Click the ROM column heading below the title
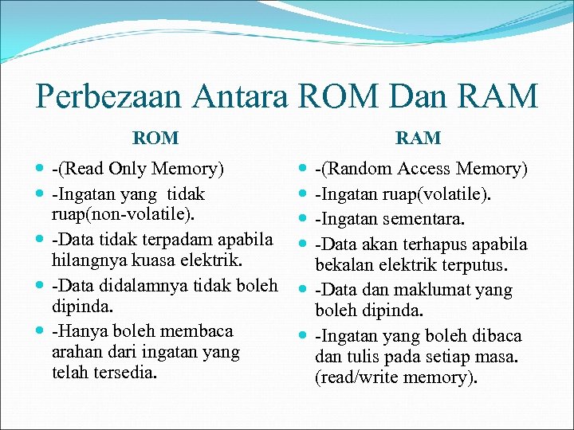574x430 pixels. pyautogui.click(x=155, y=138)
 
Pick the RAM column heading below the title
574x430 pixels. pyautogui.click(x=418, y=138)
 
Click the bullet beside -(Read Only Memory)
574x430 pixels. pyautogui.click(x=40, y=169)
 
